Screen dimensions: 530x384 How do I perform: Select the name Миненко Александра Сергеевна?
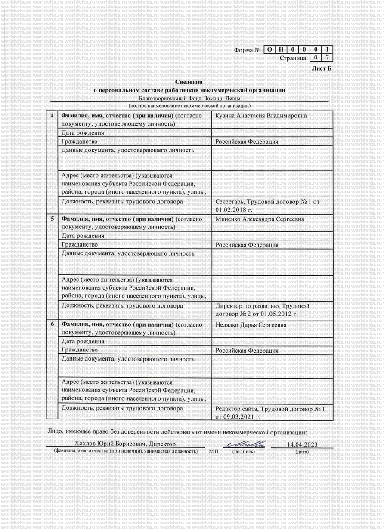point(260,219)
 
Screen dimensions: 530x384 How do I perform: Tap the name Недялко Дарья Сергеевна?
point(251,325)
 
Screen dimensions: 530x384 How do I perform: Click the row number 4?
point(53,116)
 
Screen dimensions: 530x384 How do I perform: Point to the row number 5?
point(53,219)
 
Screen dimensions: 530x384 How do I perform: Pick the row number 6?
point(53,324)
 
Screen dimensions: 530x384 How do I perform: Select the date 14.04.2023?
point(301,444)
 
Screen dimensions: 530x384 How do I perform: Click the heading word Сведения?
point(189,82)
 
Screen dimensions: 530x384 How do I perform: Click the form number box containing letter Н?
point(280,49)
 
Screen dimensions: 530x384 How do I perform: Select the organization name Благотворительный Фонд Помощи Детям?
point(189,99)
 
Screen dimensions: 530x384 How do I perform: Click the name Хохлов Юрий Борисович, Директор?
point(125,444)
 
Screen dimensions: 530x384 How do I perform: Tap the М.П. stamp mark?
point(214,452)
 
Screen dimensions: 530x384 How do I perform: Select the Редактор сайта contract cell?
point(270,413)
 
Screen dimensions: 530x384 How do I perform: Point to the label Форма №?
point(248,50)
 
